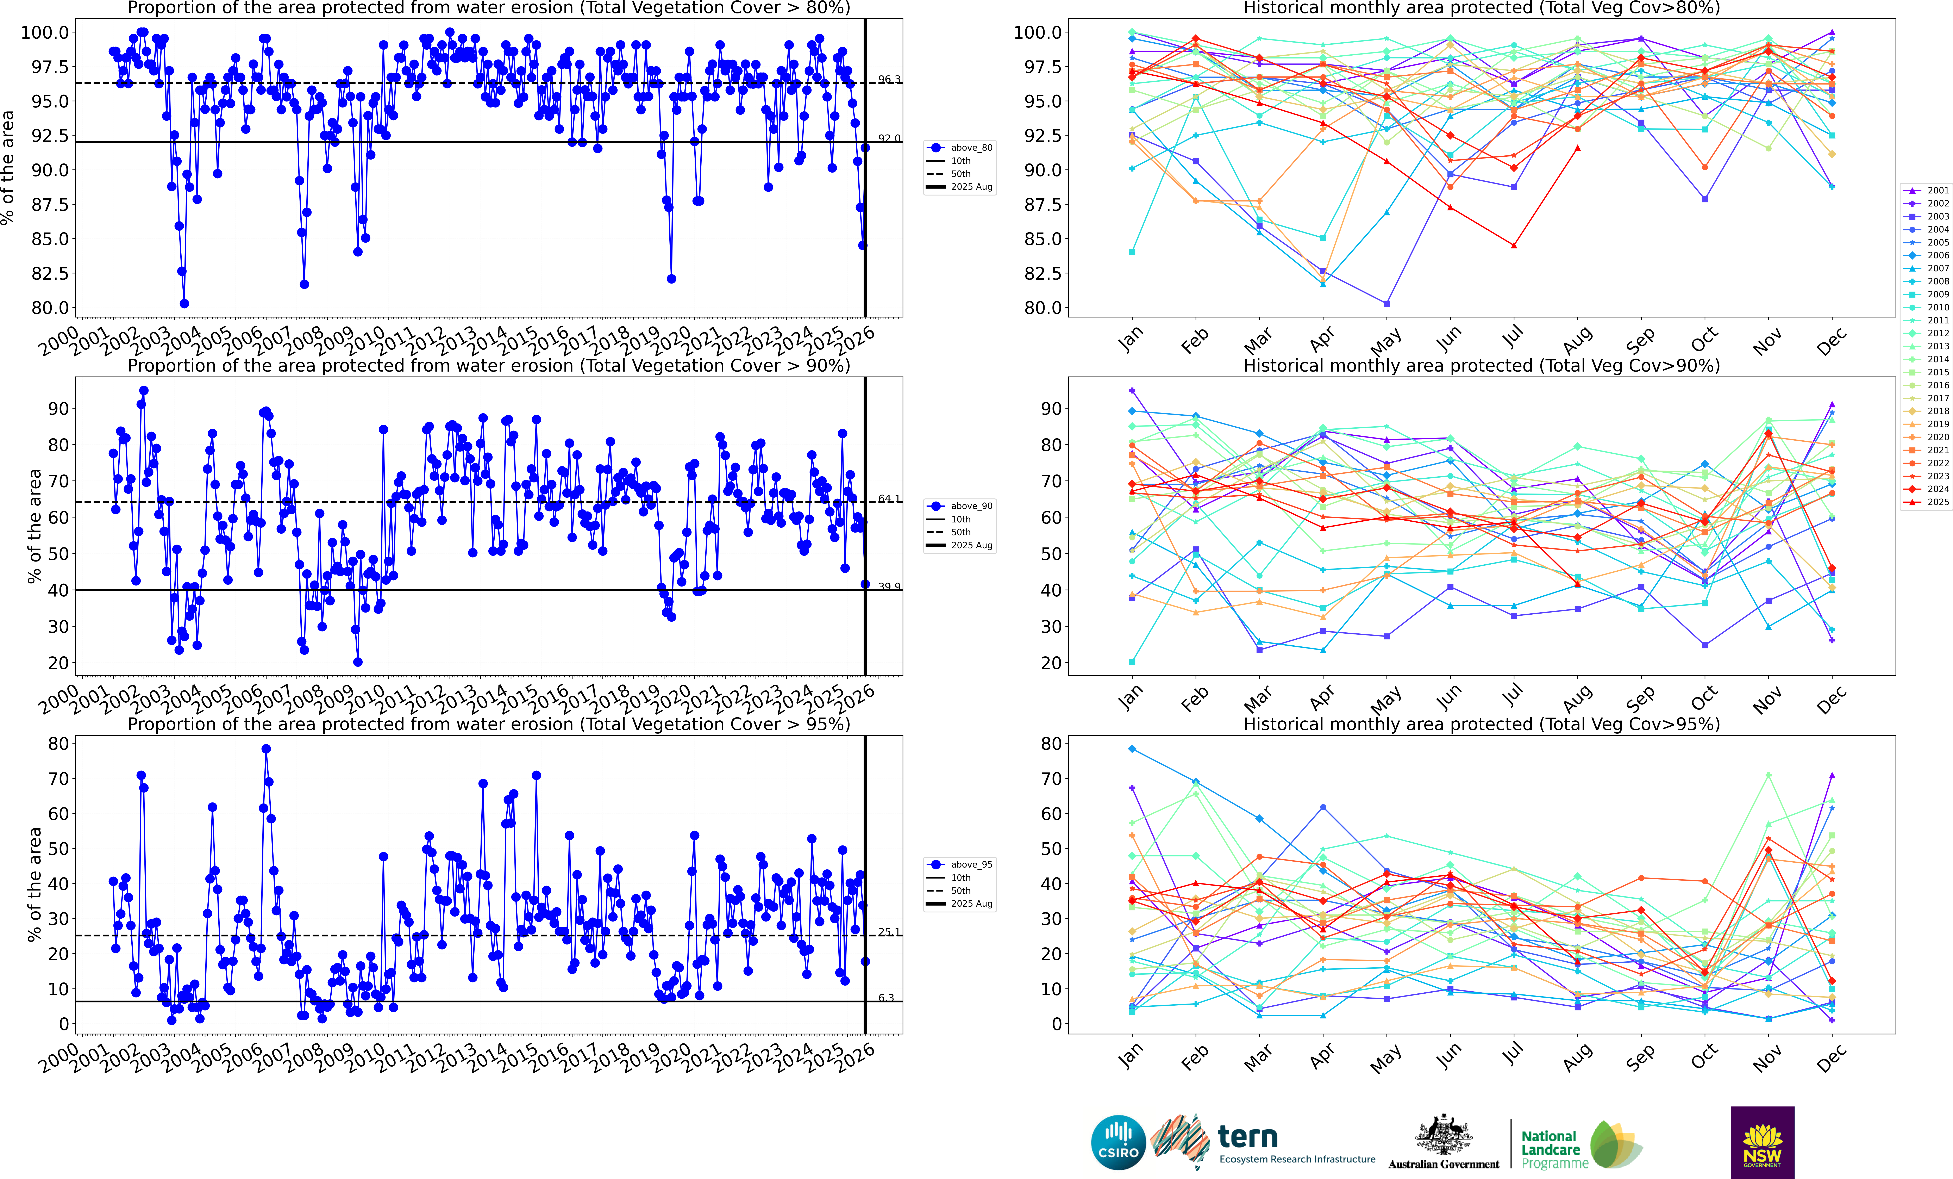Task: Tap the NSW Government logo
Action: [1762, 1142]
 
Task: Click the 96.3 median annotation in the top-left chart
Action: [889, 79]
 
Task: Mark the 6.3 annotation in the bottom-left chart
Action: [886, 997]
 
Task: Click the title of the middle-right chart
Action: [1481, 366]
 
